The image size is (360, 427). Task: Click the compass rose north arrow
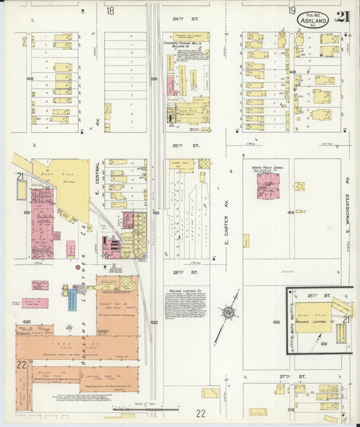coord(228,313)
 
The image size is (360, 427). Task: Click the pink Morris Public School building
coord(267,186)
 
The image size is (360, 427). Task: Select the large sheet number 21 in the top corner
coord(344,18)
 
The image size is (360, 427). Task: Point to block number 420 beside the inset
coord(276,323)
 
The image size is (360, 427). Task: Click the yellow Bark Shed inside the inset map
coord(313,313)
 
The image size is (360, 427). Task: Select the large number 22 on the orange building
coord(22,365)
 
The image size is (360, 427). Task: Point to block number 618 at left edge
coord(30,79)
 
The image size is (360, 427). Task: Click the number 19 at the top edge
coord(292,10)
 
